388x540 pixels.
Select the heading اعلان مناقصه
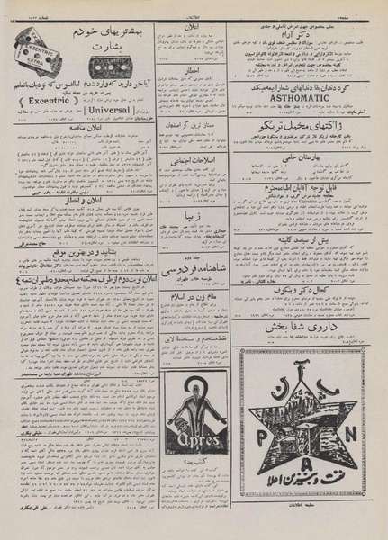click(77, 129)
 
